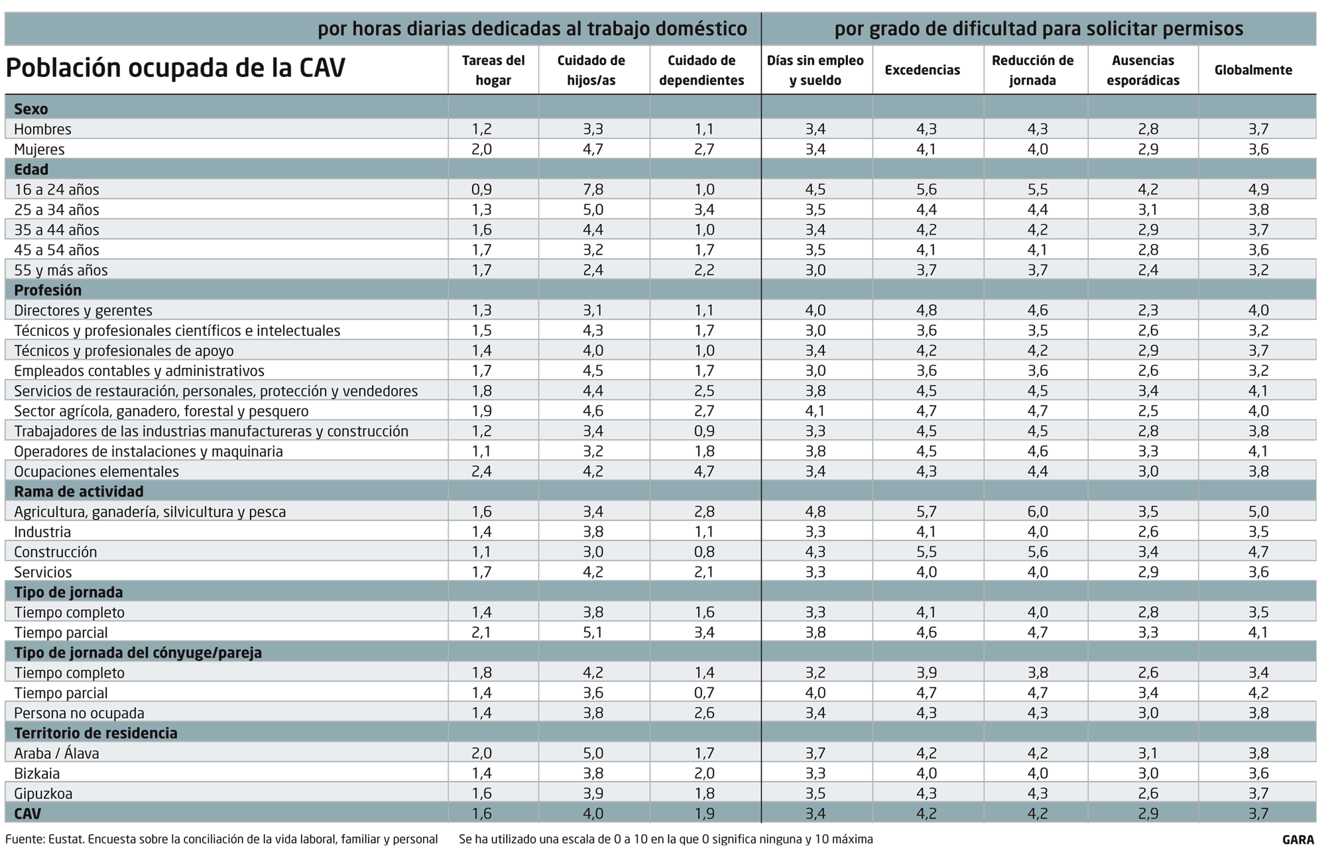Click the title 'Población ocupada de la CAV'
pos(175,68)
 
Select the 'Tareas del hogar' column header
pos(493,70)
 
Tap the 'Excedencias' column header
pos(922,70)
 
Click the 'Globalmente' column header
pos(1253,70)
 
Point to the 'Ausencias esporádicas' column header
pos(1143,70)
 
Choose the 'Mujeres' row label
pos(39,149)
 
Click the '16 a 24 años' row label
pos(56,190)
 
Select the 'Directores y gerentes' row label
pos(83,310)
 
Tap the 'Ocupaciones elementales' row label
pos(96,471)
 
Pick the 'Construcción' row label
pos(55,552)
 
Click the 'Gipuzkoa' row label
pos(43,793)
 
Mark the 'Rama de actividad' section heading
pos(78,492)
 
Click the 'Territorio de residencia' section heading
pos(95,733)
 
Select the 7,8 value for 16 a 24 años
pos(593,190)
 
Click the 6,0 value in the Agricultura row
pos(1038,512)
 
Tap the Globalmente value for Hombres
pos(1258,129)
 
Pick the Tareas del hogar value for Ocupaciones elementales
pos(482,471)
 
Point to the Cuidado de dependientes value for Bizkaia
pos(704,774)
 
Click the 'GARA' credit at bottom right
pos(1297,840)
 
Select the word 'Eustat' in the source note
pos(66,840)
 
